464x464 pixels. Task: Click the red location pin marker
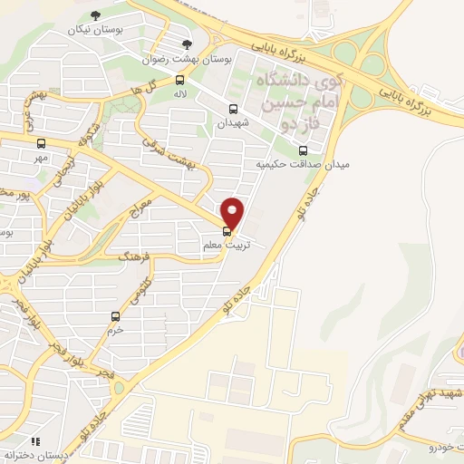pyautogui.click(x=233, y=213)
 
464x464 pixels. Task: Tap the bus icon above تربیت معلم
pyautogui.click(x=227, y=232)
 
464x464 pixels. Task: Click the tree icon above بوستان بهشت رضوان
pyautogui.click(x=188, y=43)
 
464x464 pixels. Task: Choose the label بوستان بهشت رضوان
pyautogui.click(x=187, y=58)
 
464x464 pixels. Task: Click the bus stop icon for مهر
pyautogui.click(x=41, y=142)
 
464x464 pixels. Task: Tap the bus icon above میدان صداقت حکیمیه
pyautogui.click(x=303, y=150)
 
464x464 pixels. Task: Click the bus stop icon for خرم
pyautogui.click(x=115, y=316)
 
